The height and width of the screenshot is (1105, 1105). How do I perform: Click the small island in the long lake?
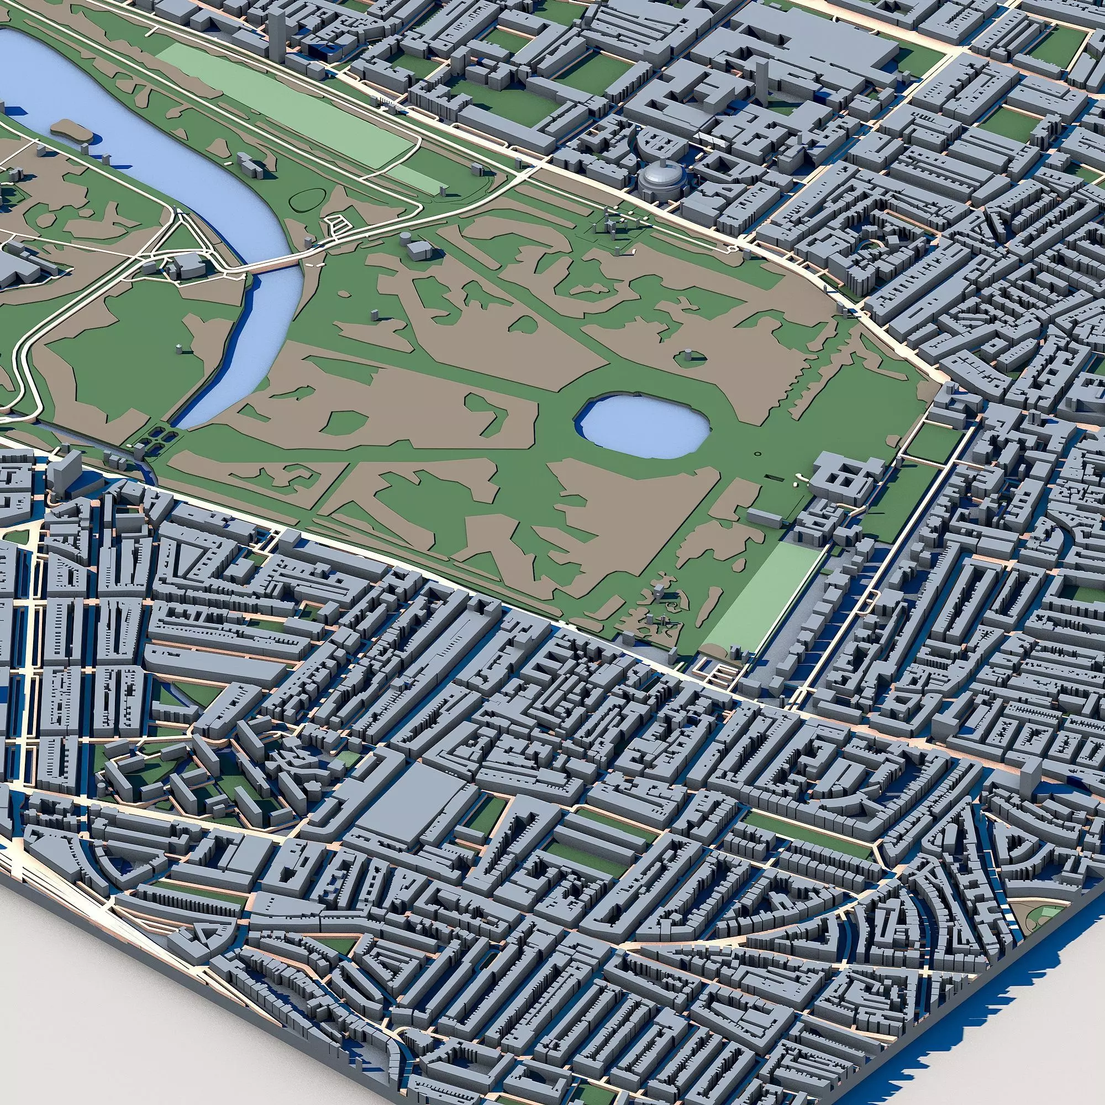tap(71, 130)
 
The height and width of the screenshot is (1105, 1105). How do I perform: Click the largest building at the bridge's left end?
tap(189, 266)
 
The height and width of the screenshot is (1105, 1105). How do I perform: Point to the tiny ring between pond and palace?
tap(758, 454)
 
